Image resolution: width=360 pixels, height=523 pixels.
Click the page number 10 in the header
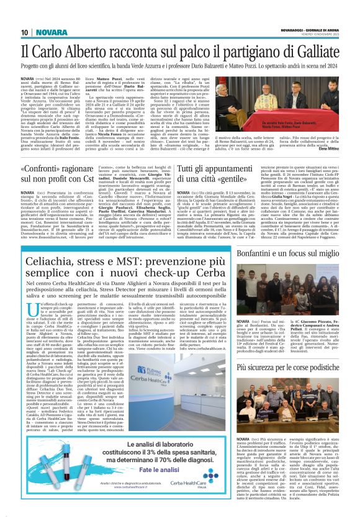pyautogui.click(x=24, y=32)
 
